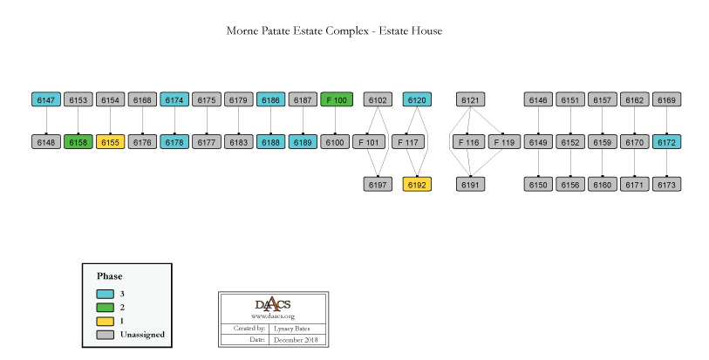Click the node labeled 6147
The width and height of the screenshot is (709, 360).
[46, 100]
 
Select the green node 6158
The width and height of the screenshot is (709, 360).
[78, 142]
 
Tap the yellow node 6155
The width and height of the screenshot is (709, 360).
[111, 142]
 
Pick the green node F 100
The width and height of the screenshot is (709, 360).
[337, 100]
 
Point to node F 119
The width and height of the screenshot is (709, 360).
[504, 142]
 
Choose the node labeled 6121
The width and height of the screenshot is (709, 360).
[471, 100]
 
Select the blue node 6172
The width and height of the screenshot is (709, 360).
[667, 142]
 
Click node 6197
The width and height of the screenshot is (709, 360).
[378, 185]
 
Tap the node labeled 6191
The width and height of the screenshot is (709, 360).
[471, 185]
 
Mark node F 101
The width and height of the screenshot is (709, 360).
[367, 142]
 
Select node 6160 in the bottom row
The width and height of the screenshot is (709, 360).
[603, 185]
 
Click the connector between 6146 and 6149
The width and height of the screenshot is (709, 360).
[539, 121]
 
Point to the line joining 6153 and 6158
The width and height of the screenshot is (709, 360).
[78, 121]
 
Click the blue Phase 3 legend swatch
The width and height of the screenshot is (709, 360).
[106, 294]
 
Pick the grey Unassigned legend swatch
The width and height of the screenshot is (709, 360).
[106, 334]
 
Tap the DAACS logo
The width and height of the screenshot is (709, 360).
[272, 304]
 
